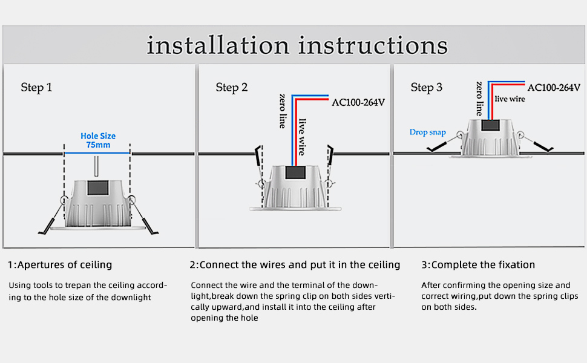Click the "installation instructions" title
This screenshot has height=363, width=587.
click(297, 46)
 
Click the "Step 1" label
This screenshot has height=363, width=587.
click(36, 88)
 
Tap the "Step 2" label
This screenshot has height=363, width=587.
click(232, 88)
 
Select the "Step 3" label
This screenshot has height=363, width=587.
click(427, 88)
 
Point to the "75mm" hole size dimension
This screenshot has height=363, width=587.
click(98, 145)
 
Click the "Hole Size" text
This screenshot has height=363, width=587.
click(98, 136)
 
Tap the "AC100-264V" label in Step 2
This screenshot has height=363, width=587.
click(358, 102)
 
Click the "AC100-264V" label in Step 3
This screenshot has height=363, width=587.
click(553, 87)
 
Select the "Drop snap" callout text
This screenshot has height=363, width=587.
click(427, 132)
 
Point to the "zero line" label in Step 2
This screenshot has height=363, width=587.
click(283, 111)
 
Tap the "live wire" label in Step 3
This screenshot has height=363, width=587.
click(510, 99)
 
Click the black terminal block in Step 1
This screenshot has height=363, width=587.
click(97, 187)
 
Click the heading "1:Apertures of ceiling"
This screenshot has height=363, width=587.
click(60, 265)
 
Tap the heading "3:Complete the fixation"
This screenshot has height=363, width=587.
click(478, 265)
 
